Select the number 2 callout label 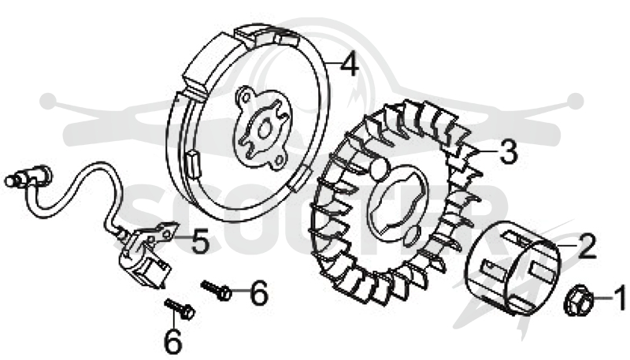(586, 246)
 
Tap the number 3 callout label (508, 152)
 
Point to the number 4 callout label (349, 65)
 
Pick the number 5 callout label (199, 241)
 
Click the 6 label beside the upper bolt (258, 292)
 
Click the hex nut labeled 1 (578, 300)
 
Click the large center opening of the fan (398, 205)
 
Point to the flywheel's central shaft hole (265, 130)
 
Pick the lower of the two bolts (180, 309)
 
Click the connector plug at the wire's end (28, 176)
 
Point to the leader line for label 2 (565, 244)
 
